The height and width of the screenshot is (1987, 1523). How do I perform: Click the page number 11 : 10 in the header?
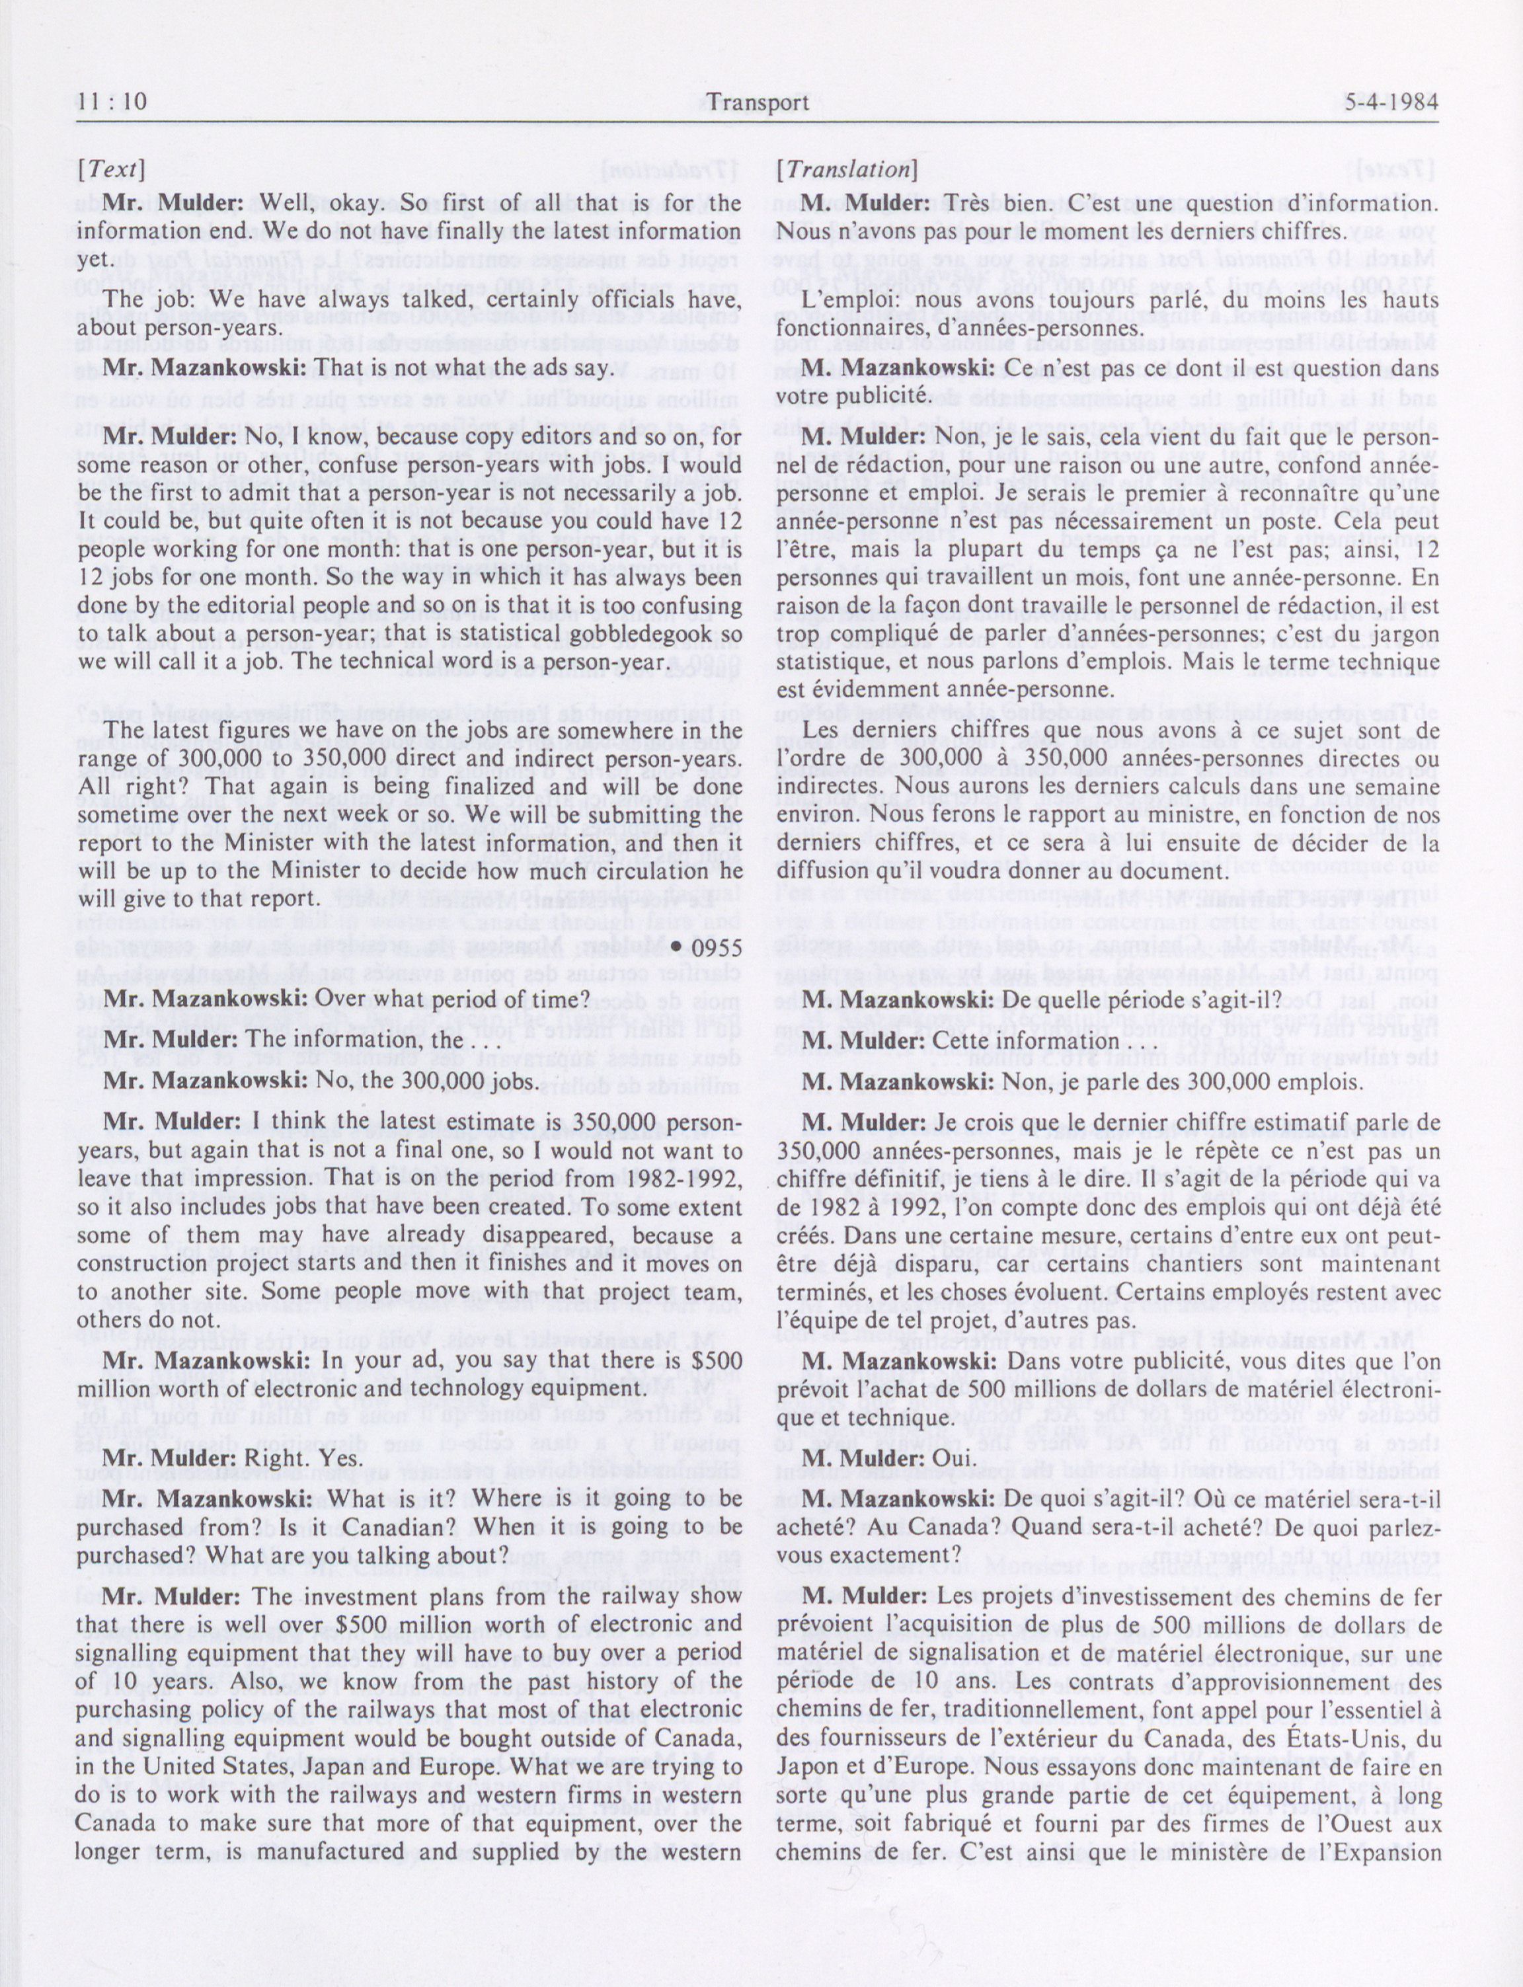click(x=112, y=102)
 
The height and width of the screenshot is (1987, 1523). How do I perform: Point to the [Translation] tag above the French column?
click(x=847, y=169)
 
